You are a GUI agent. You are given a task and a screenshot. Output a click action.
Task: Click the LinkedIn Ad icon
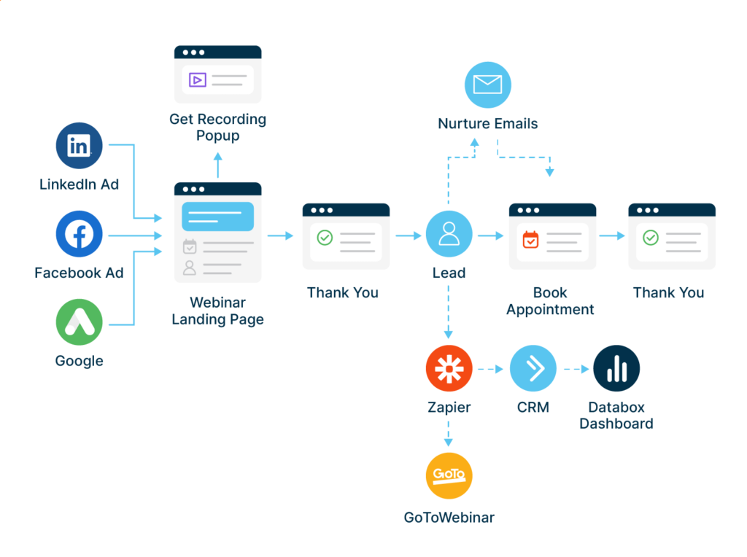point(79,145)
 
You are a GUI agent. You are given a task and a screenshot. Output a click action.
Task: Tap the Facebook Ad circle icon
point(79,234)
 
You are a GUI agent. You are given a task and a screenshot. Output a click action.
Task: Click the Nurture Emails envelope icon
point(488,85)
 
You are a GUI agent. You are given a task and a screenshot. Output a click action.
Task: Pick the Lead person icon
point(449,234)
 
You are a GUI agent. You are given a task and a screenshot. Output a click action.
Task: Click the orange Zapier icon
point(449,368)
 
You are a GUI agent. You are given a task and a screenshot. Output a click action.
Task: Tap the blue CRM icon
point(533,368)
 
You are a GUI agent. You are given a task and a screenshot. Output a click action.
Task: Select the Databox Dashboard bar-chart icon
point(616,368)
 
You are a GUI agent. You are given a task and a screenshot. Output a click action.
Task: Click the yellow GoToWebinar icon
point(449,475)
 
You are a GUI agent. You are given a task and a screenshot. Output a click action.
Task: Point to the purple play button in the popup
point(197,79)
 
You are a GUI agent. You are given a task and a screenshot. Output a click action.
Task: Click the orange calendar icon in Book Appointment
point(530,238)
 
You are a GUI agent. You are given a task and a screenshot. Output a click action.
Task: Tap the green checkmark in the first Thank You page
point(325,238)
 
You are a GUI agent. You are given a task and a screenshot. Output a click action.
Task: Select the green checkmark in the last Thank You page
point(650,238)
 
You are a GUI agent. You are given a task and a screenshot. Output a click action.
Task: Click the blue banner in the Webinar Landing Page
point(217,217)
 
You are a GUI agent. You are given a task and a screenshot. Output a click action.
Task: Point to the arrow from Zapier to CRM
point(490,369)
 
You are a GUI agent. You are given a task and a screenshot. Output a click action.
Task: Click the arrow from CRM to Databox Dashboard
point(575,369)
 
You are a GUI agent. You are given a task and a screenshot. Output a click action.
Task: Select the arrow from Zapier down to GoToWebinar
point(449,434)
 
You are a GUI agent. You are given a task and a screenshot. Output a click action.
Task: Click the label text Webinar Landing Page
point(217,311)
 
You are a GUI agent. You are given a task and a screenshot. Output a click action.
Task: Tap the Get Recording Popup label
point(217,127)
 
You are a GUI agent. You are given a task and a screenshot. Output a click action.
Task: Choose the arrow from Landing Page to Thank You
point(280,235)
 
